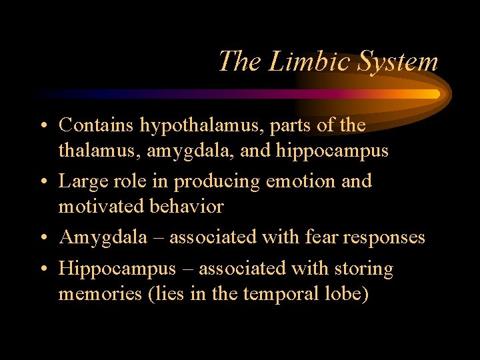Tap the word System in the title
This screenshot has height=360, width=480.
[397, 62]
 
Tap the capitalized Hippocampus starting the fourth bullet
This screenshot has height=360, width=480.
[117, 269]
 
